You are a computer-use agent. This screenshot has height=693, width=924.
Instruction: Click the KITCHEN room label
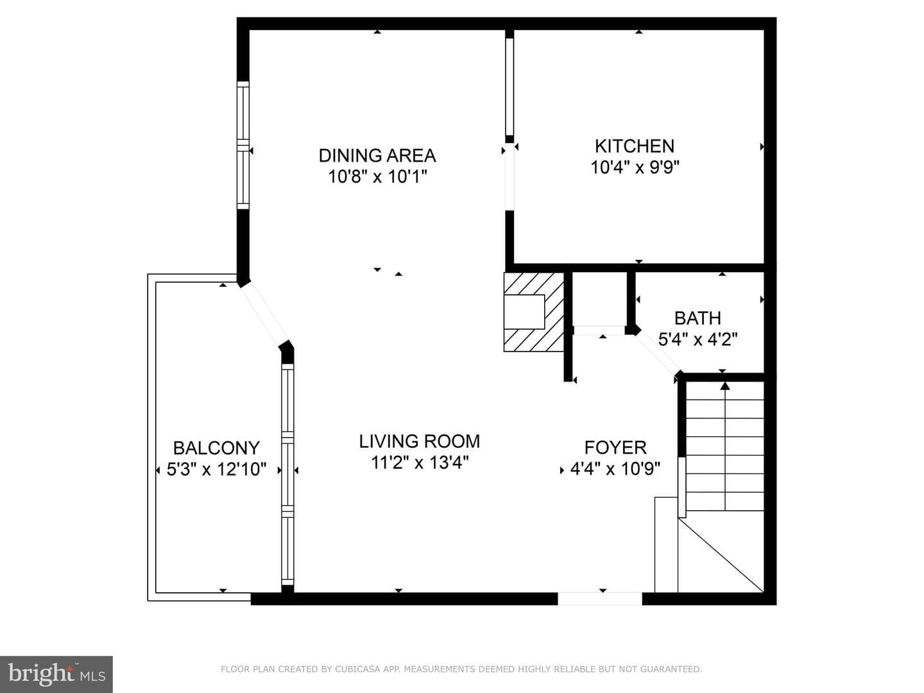(635, 146)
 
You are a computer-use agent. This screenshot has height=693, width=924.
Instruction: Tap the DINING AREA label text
(377, 156)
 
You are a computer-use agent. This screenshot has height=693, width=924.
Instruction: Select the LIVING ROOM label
(419, 441)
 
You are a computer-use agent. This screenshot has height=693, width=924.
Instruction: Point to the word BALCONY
(216, 448)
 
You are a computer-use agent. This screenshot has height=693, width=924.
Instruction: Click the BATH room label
(697, 318)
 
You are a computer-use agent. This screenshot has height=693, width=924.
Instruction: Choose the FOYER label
(615, 447)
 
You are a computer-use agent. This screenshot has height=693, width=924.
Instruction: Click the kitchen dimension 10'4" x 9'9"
(635, 167)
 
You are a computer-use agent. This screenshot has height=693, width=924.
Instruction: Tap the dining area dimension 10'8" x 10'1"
(377, 176)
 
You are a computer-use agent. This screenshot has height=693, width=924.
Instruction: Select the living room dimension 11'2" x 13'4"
(419, 463)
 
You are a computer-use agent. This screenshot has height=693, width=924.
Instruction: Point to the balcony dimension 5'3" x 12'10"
(216, 469)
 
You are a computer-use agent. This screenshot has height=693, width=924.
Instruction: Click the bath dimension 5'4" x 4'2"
(697, 339)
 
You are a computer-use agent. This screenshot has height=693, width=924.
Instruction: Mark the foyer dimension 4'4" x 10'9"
(615, 468)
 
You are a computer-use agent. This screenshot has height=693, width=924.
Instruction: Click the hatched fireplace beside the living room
(534, 312)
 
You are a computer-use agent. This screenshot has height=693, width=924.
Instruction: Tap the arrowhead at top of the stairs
(724, 386)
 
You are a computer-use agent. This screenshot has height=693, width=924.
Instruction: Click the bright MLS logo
(56, 674)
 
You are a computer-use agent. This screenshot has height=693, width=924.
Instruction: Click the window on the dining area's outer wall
(243, 145)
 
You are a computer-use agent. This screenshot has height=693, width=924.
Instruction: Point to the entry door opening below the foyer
(600, 598)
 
